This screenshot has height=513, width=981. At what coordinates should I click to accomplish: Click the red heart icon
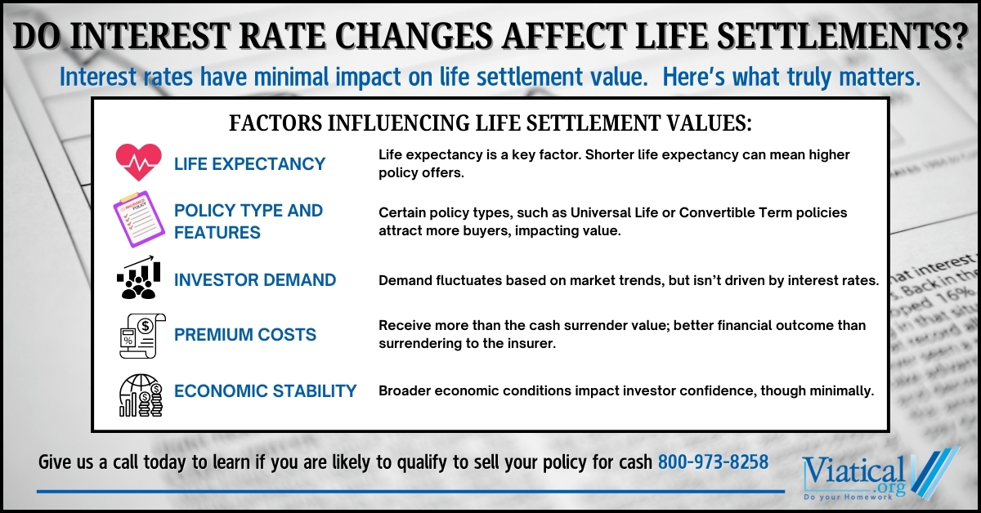(139, 162)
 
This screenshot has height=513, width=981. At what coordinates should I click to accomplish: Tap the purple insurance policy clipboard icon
(139, 219)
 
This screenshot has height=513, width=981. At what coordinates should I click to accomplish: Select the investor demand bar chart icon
(139, 278)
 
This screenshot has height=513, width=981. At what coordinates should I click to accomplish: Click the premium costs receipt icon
(142, 336)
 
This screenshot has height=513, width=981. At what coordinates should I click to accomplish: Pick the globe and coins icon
(141, 395)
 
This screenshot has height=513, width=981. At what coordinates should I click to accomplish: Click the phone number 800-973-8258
(713, 462)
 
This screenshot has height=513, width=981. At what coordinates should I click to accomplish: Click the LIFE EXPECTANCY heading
(249, 164)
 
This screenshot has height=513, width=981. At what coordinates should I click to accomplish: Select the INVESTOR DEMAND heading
(255, 280)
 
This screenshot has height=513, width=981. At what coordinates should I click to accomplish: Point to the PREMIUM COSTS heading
(244, 335)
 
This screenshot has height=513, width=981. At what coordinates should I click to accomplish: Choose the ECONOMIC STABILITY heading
(266, 391)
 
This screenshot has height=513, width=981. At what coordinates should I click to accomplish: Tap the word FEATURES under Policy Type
(217, 233)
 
